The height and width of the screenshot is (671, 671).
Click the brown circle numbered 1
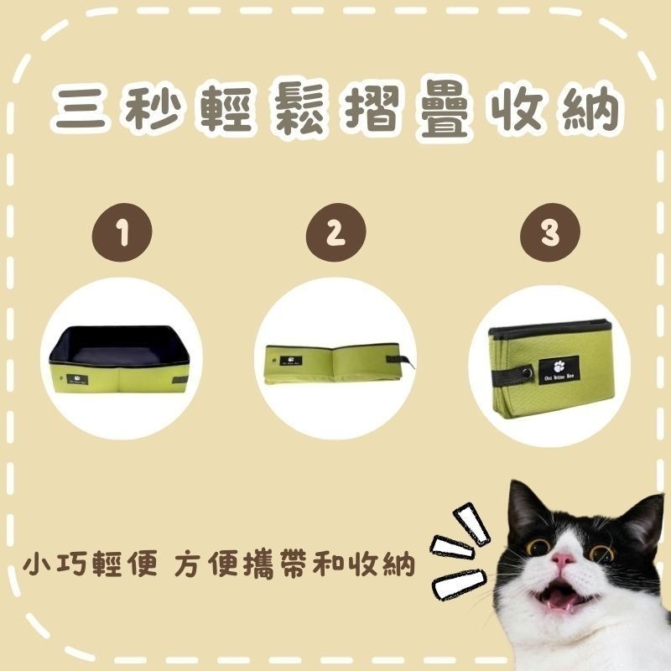(x=123, y=235)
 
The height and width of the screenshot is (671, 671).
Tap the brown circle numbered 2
(x=335, y=235)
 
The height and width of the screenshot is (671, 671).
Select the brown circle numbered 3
(x=549, y=235)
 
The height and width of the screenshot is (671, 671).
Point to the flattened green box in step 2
(x=335, y=362)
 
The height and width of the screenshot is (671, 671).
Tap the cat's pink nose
(x=563, y=559)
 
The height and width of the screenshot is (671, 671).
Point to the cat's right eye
(x=601, y=553)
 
